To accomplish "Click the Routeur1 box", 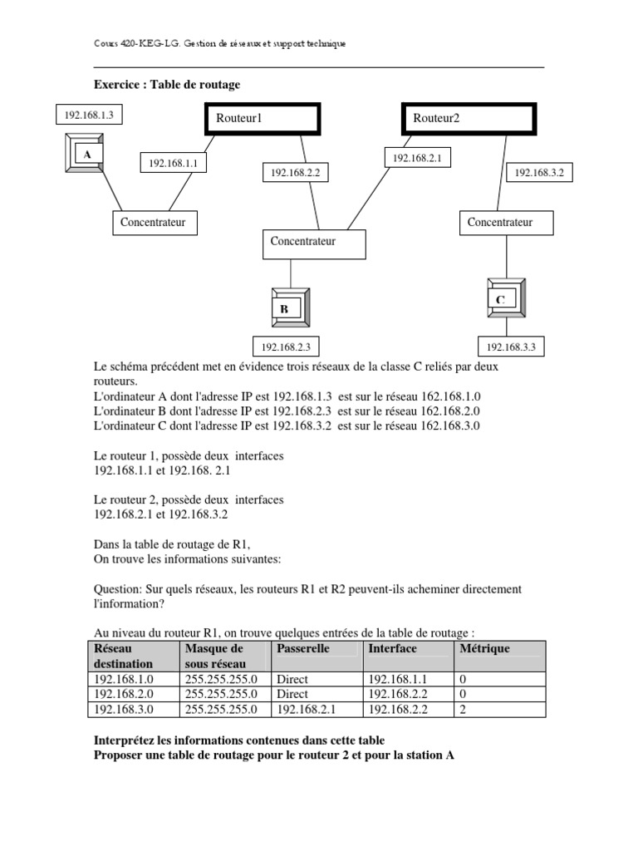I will [x=263, y=119].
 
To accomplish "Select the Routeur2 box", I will [x=469, y=119].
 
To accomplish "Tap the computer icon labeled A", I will [x=86, y=155].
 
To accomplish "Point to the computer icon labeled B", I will [x=290, y=308].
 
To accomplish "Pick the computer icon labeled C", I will [x=505, y=299].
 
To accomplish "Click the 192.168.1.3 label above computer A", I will [x=88, y=115].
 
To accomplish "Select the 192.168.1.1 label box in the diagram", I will [x=173, y=164].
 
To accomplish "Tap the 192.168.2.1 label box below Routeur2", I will [x=416, y=157].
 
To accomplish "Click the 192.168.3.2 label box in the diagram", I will [x=539, y=173].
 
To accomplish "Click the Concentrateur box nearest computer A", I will [x=155, y=223].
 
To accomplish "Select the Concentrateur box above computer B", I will [x=313, y=243].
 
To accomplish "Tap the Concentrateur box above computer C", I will [x=502, y=223].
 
